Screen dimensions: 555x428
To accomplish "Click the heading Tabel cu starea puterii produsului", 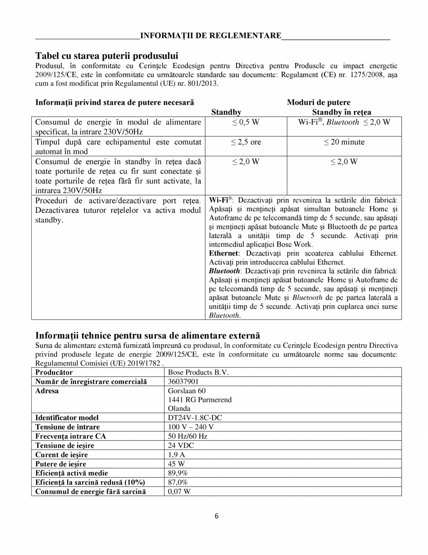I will tap(107, 55).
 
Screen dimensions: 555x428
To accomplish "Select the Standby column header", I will tap(226, 112).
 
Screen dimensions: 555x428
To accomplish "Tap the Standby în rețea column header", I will tap(341, 112).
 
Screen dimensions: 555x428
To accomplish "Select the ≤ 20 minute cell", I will tap(344, 142).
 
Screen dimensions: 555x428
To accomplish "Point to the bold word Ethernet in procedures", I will tap(223, 253).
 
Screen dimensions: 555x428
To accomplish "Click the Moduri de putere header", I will tap(319, 102).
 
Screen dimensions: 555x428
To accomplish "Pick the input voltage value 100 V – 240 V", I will tap(191, 427).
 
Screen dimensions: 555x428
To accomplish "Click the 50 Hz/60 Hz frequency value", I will tap(187, 436).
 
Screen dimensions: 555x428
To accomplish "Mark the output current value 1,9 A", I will tap(176, 454).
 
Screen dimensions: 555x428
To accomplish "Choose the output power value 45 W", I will tap(176, 464).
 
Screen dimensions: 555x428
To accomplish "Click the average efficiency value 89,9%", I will tap(178, 473).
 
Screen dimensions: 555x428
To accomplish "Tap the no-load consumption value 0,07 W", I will tap(179, 491).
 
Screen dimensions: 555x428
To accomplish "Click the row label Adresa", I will tap(47, 391).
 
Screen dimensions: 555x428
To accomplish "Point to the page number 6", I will tap(217, 515).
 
